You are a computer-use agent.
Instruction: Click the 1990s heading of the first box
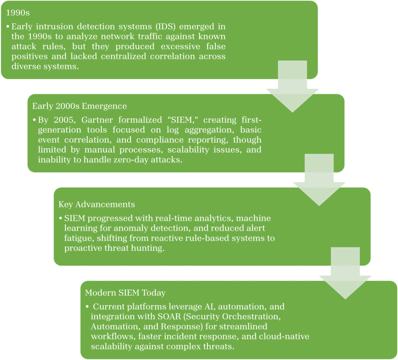pyautogui.click(x=15, y=13)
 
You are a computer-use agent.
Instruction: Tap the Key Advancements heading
pyautogui.click(x=97, y=204)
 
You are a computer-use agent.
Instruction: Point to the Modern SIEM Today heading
pyautogui.click(x=125, y=293)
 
